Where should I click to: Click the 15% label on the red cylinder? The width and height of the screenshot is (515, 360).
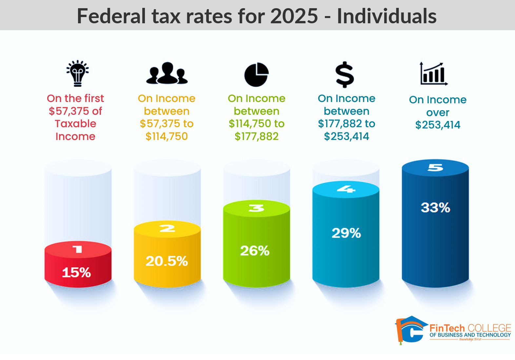76,272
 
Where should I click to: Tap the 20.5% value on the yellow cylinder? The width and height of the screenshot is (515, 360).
167,261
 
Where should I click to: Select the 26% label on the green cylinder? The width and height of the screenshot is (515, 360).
255,251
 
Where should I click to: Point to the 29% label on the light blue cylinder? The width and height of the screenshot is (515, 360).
346,233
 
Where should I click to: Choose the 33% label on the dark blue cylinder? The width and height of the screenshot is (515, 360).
435,208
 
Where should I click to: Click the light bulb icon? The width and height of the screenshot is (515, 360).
77,73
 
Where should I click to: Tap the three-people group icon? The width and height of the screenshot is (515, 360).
167,73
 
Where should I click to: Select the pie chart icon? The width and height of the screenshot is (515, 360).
256,74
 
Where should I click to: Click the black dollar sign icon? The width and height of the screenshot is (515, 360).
345,74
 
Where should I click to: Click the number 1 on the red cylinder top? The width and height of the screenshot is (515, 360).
78,250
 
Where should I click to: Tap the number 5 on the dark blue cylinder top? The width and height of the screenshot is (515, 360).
435,168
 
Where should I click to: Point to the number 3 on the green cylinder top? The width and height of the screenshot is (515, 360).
256,208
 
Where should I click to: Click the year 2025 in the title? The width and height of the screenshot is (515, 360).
294,16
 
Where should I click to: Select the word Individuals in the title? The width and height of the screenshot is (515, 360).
386,16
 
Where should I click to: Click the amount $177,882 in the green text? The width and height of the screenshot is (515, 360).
256,136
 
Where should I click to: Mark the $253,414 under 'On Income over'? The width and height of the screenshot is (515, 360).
438,125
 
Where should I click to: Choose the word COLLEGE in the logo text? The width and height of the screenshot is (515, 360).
489,328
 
